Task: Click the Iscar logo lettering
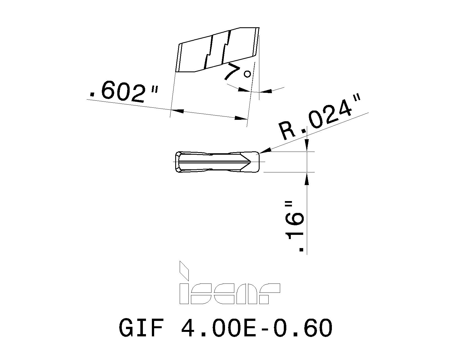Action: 229,293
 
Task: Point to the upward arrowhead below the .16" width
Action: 307,179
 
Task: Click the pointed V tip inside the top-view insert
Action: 249,162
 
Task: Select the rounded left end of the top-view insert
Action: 177,162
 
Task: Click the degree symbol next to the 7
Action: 247,74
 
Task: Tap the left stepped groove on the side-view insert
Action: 209,52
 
